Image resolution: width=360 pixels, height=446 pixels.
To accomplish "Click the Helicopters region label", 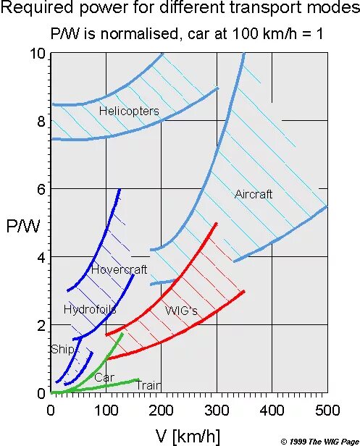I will pyautogui.click(x=129, y=111).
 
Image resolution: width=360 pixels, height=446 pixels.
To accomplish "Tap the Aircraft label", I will pyautogui.click(x=254, y=194).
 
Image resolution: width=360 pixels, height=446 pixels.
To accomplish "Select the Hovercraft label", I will pyautogui.click(x=119, y=269).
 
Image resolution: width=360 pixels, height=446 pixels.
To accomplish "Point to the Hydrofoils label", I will pyautogui.click(x=90, y=309).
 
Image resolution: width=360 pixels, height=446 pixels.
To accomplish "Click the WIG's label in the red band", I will pyautogui.click(x=182, y=311).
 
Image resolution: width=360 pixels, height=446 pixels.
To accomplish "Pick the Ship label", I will pyautogui.click(x=62, y=349).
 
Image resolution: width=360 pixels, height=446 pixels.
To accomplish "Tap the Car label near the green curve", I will pyautogui.click(x=104, y=377).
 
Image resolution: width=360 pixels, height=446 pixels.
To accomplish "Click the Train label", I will pyautogui.click(x=148, y=386).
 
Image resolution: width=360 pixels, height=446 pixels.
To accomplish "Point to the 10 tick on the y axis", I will pyautogui.click(x=38, y=54).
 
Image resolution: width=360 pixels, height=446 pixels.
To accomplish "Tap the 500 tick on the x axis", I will pyautogui.click(x=327, y=410).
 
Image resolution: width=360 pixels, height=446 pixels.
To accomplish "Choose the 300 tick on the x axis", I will pyautogui.click(x=216, y=410).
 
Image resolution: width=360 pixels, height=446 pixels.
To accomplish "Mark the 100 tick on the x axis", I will pyautogui.click(x=106, y=410).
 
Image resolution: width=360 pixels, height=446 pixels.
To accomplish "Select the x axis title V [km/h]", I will pyautogui.click(x=188, y=435).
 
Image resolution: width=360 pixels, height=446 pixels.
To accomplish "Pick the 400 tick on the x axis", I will pyautogui.click(x=272, y=410).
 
